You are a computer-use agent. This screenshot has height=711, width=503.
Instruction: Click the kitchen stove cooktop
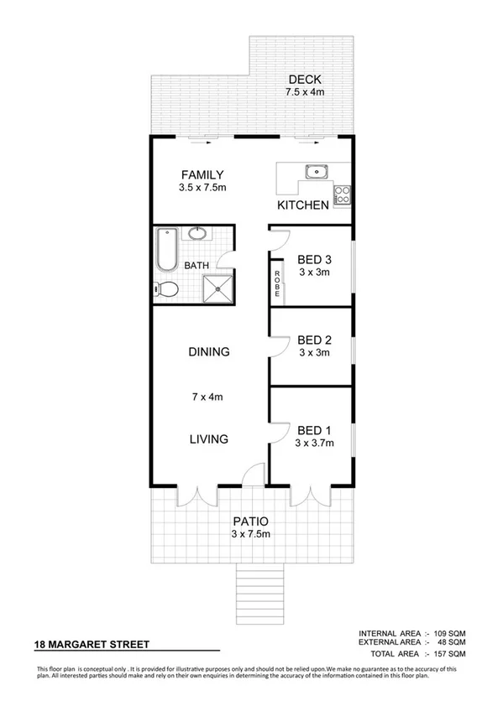[x=343, y=195]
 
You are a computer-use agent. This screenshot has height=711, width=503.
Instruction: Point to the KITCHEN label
[x=302, y=205]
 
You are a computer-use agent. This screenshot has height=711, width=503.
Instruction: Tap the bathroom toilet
[x=166, y=290]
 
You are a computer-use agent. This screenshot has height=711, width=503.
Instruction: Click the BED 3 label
[x=315, y=258]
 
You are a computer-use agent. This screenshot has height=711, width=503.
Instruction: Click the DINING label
[x=208, y=352]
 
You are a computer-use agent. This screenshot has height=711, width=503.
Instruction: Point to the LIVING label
[x=208, y=439]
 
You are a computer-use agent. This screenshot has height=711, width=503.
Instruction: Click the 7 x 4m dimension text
[x=208, y=396]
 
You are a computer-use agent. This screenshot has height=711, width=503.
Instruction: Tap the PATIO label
[x=251, y=521]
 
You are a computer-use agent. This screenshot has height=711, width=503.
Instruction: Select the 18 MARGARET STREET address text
[x=92, y=645]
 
